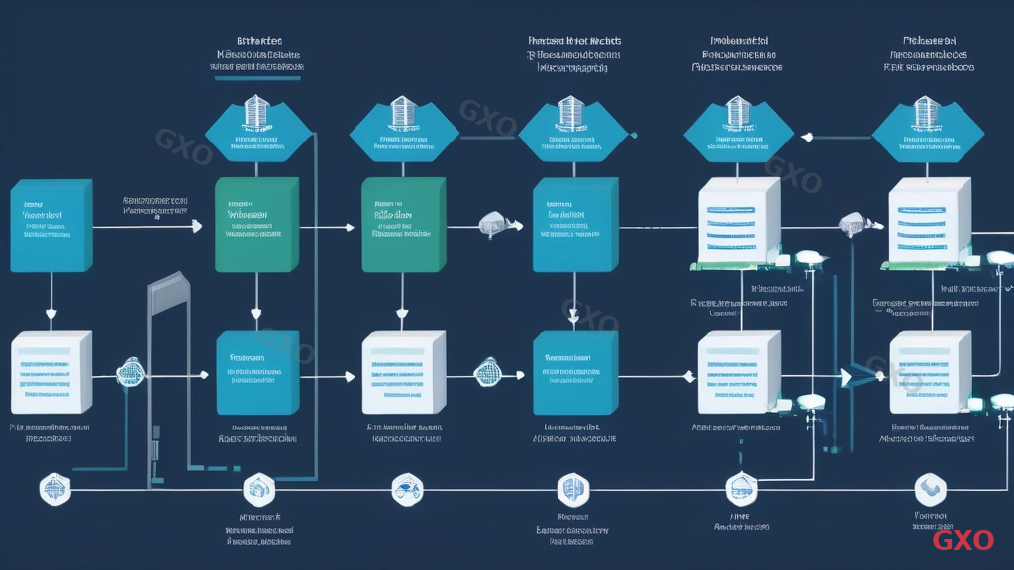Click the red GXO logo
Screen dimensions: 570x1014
click(x=963, y=540)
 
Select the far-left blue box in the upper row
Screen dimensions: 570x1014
click(x=51, y=226)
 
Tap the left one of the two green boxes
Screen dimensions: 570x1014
click(x=256, y=225)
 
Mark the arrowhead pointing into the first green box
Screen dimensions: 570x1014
click(x=197, y=227)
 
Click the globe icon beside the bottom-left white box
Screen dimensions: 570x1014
click(x=129, y=373)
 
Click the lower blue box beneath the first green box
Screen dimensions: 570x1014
click(x=256, y=373)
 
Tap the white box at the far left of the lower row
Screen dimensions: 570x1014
click(x=51, y=373)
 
